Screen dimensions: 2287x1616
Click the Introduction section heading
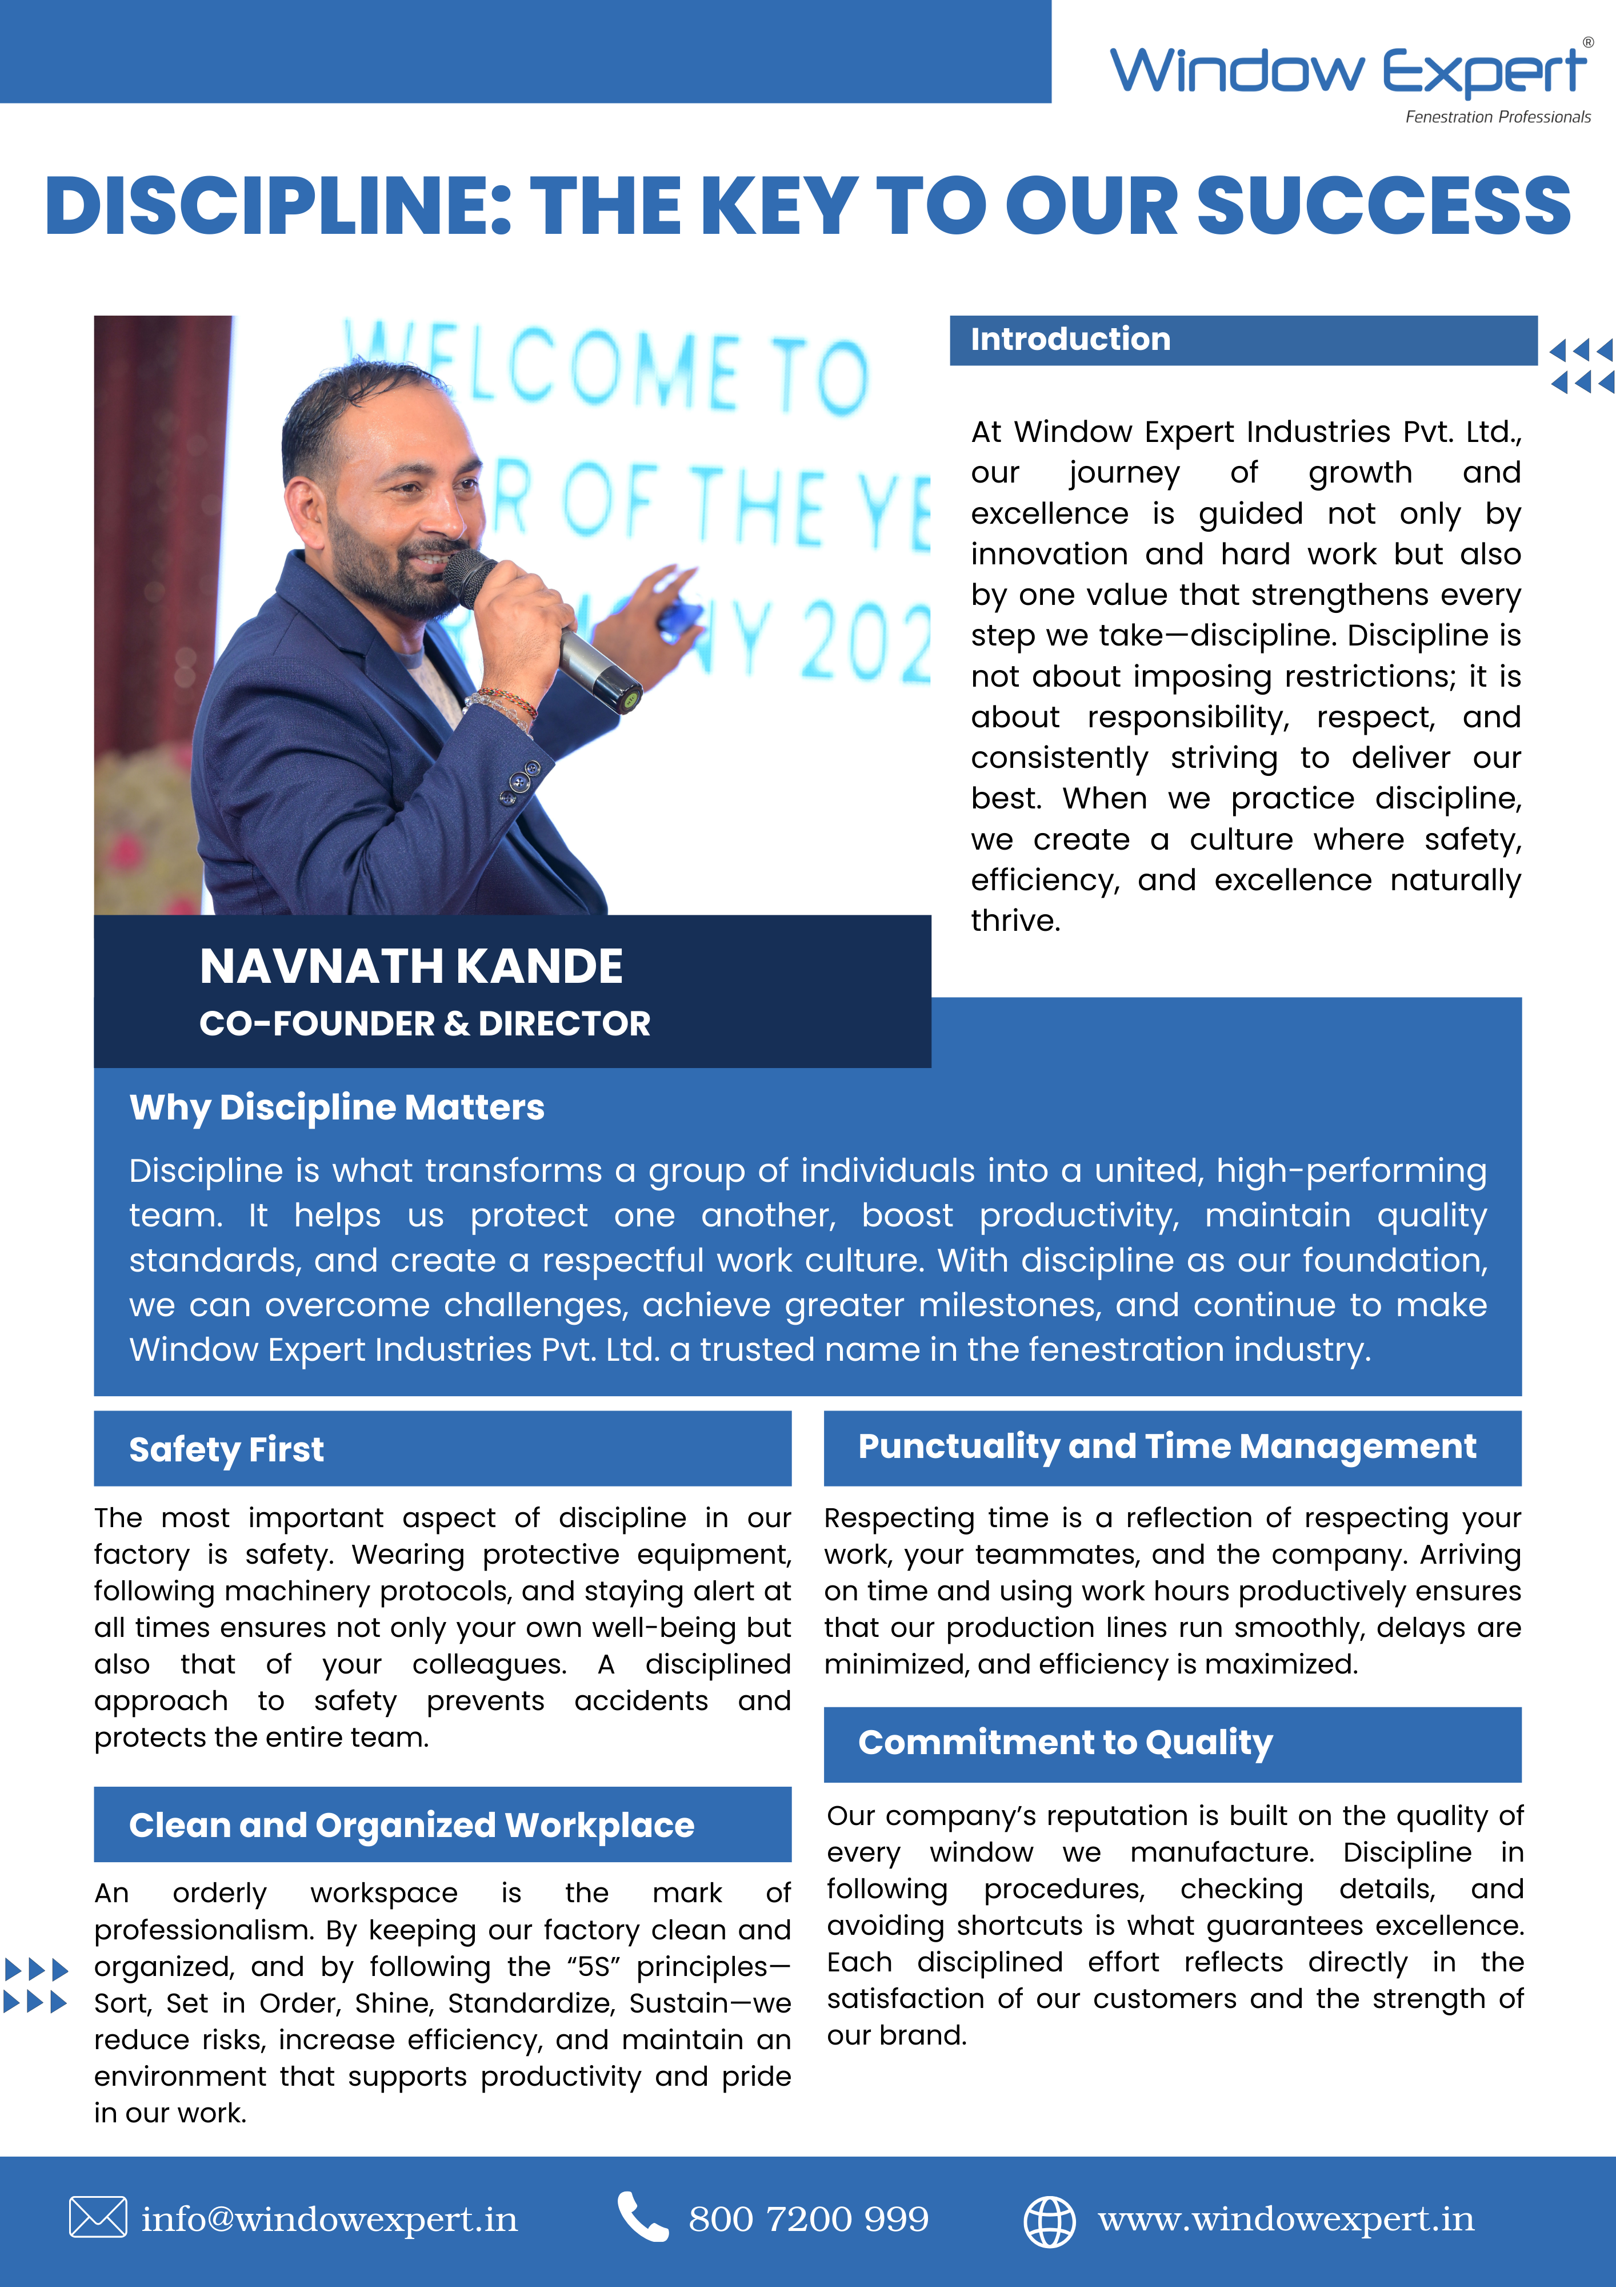coord(1070,340)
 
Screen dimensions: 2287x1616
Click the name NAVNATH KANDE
coord(411,966)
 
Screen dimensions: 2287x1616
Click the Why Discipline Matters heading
coord(337,1107)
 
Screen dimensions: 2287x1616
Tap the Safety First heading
coord(226,1449)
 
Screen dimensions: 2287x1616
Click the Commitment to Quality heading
coord(1065,1742)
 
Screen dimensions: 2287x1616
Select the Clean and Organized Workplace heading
coord(411,1825)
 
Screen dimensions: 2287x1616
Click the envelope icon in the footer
coord(98,2217)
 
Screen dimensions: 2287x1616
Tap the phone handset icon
coord(642,2217)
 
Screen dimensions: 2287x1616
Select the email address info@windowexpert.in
coord(330,2220)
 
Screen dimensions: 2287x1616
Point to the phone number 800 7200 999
coord(809,2220)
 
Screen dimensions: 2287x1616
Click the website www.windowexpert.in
coord(1286,2220)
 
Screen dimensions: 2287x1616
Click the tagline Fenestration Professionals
coord(1498,118)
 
